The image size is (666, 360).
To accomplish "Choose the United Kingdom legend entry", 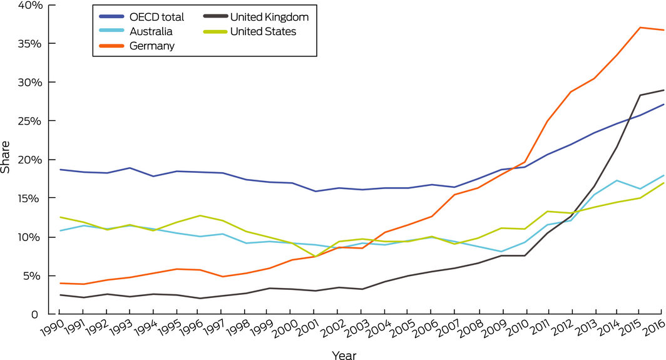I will (270, 17).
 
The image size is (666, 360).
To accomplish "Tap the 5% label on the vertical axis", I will (34, 275).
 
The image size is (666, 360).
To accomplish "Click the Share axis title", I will (6, 160).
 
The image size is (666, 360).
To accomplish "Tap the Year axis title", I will (344, 354).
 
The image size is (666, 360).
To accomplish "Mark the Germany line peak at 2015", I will (640, 28).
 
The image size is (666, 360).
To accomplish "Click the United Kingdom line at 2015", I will (640, 95).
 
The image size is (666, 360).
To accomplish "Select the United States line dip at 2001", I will (314, 256).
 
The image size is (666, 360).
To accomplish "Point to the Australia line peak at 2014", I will (617, 180).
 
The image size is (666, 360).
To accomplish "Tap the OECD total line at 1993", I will (129, 168).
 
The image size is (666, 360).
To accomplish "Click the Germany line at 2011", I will (548, 121).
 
